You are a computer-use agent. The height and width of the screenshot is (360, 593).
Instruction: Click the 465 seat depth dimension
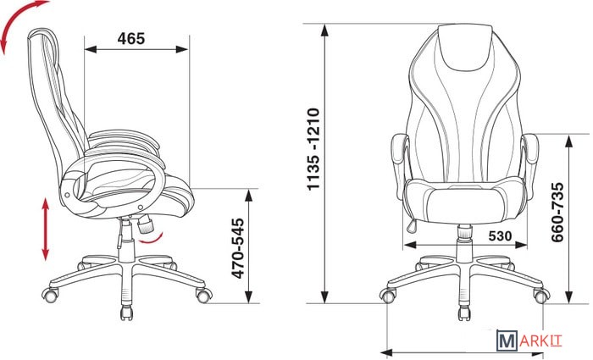click(x=130, y=39)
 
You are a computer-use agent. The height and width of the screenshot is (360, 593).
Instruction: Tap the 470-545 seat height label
click(x=238, y=248)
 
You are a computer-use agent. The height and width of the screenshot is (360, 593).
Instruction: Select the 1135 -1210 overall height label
click(x=314, y=149)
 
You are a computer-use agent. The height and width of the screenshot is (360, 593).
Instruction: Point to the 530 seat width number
click(x=500, y=236)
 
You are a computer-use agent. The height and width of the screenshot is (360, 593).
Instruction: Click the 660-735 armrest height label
click(x=557, y=212)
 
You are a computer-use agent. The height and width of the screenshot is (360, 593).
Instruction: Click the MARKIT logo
click(x=529, y=341)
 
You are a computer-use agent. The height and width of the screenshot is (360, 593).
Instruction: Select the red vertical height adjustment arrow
click(x=46, y=230)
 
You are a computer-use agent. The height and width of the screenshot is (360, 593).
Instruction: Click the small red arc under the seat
click(x=152, y=239)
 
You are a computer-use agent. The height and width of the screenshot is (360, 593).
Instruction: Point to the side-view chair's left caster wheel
click(x=50, y=295)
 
